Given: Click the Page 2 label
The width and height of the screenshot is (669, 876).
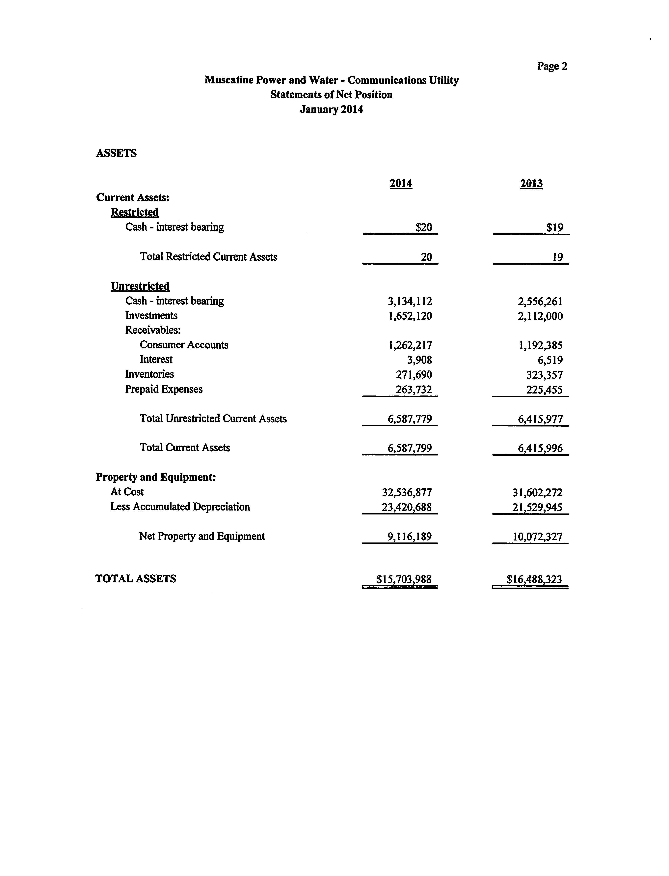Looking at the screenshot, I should click(x=552, y=66).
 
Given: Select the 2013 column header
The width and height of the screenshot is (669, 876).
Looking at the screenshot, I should click(x=531, y=184).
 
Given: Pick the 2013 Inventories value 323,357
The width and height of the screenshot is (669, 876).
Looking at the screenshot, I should click(x=544, y=375).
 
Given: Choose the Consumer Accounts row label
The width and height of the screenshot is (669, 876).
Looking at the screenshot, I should click(x=184, y=345).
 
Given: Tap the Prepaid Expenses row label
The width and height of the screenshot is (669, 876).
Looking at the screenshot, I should click(x=164, y=389).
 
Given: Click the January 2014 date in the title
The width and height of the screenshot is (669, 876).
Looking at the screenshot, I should click(x=331, y=110).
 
